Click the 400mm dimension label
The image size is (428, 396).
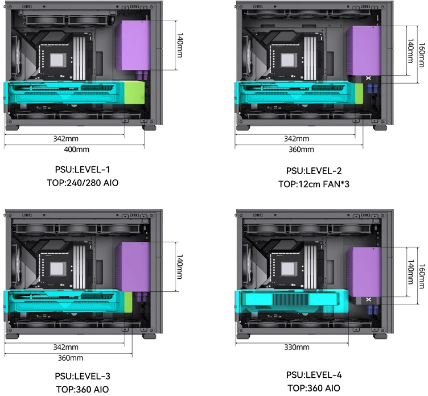coord(76,149)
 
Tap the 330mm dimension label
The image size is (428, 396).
coord(297,347)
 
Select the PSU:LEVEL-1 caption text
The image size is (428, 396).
coord(83,170)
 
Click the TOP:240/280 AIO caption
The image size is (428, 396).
coord(83,183)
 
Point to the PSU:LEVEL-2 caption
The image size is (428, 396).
coord(314,171)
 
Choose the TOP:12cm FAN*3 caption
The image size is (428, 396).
coord(314,184)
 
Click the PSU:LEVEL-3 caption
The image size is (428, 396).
coord(83,376)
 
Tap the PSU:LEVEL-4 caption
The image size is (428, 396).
coord(314,375)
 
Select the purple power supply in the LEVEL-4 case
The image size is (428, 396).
coord(364,272)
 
